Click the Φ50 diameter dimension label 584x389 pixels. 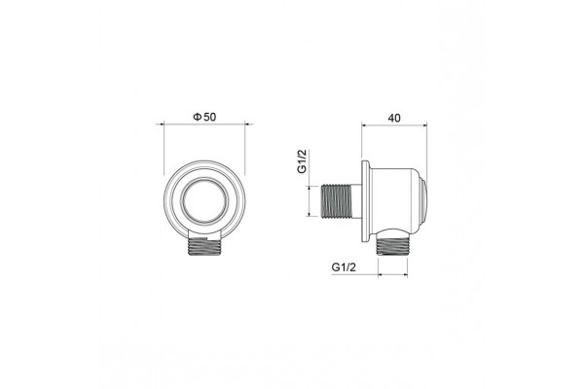coord(204,117)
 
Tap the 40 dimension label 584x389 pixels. coord(394,118)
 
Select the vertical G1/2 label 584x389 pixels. coord(302,161)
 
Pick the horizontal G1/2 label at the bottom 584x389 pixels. coord(344,267)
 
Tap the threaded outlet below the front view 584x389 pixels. coord(204,247)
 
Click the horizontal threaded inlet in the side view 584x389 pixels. coord(337,200)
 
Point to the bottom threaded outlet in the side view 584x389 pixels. coord(392,247)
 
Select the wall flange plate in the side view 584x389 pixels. coord(366,201)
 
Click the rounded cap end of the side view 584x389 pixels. coord(423,201)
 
